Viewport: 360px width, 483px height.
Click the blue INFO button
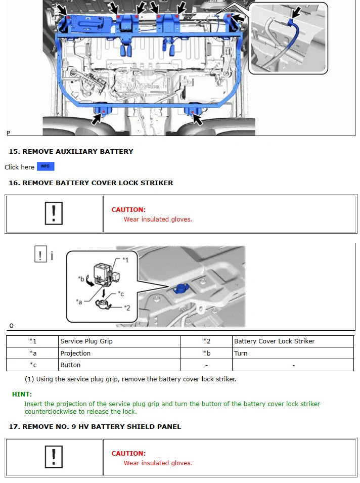click(46, 166)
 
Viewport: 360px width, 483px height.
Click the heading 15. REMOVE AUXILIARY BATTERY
click(71, 151)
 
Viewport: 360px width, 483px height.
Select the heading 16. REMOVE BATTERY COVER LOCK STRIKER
click(91, 183)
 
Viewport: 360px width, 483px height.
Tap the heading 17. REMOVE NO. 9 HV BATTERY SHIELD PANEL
click(95, 426)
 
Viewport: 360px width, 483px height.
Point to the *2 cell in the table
click(206, 341)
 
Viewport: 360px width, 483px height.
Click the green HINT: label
click(22, 394)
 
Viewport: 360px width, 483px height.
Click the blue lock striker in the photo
click(180, 289)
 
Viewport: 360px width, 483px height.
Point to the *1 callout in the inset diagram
click(125, 259)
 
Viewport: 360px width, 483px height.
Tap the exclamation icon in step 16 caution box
click(54, 213)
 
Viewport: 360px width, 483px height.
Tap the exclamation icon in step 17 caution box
click(54, 457)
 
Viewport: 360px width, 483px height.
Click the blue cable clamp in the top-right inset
click(291, 22)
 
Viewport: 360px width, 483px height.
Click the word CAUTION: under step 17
click(128, 453)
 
